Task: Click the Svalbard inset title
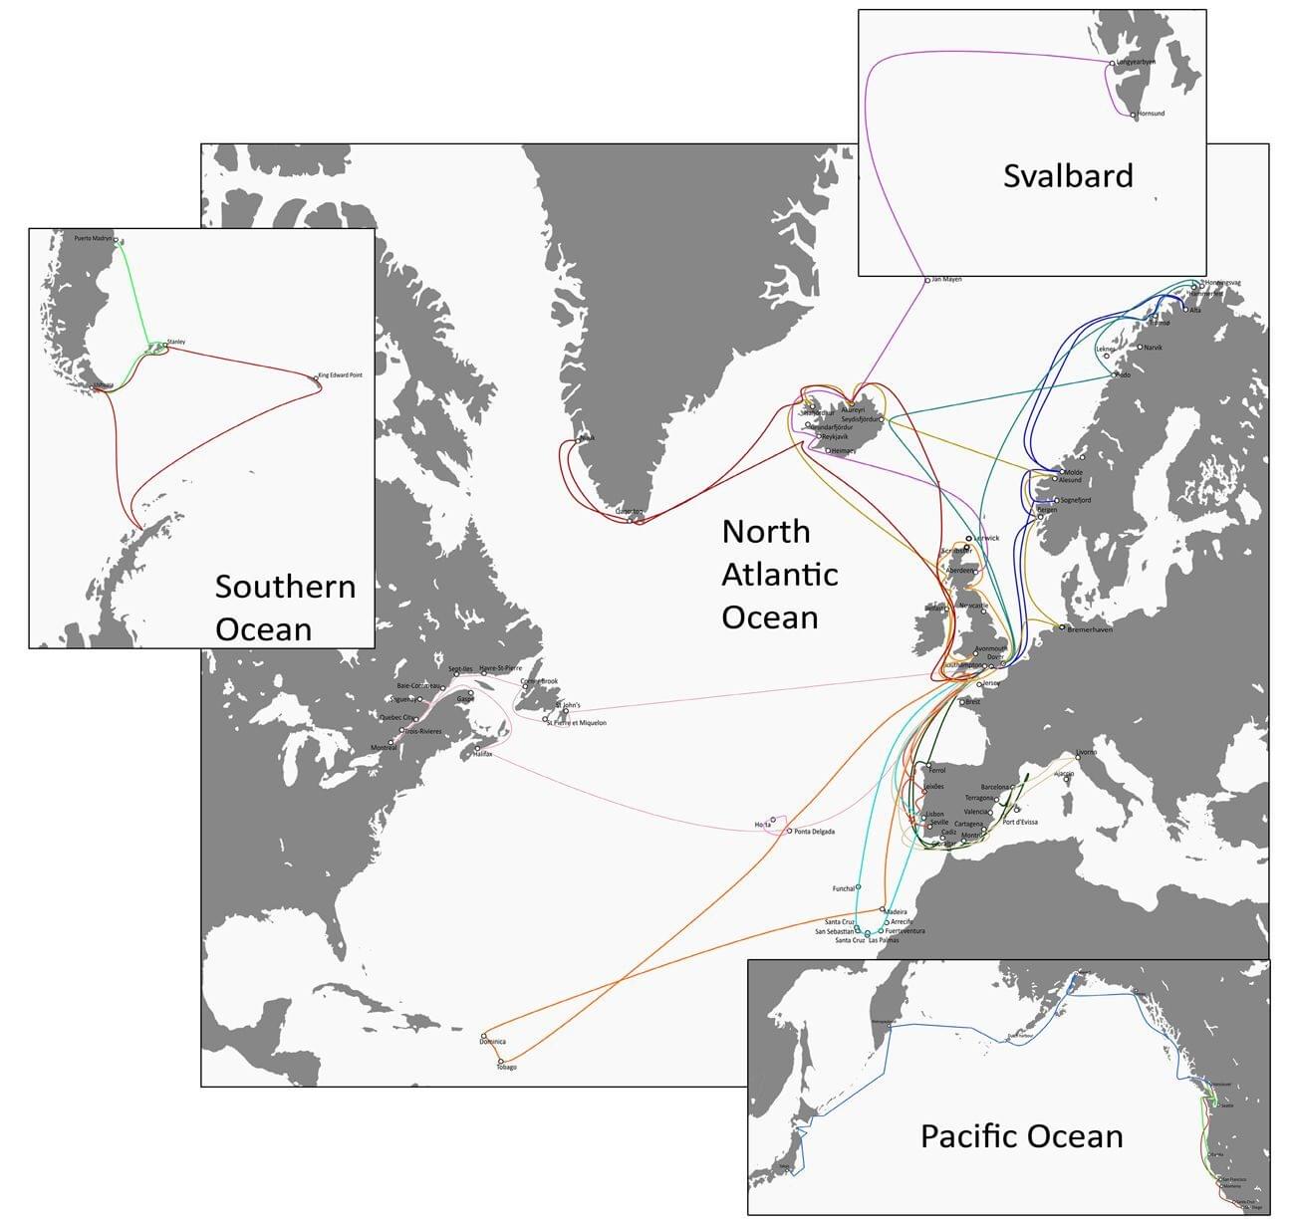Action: click(x=1068, y=176)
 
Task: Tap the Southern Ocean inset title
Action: click(x=285, y=608)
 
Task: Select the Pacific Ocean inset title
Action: click(x=1021, y=1136)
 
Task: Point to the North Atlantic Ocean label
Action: click(x=780, y=574)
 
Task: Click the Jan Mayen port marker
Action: click(x=927, y=281)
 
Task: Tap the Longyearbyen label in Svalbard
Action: click(x=1137, y=62)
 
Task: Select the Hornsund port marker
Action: click(x=1134, y=116)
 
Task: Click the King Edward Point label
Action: click(x=341, y=375)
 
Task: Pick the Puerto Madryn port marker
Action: click(x=116, y=240)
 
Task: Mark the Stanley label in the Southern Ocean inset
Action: click(x=176, y=342)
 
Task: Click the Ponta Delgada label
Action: click(x=815, y=832)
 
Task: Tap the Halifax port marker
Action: click(x=477, y=748)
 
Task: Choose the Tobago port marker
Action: click(x=500, y=1062)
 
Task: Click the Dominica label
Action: click(x=492, y=1042)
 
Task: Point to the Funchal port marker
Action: click(x=859, y=886)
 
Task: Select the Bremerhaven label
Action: click(x=1090, y=629)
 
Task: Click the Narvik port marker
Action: click(x=1141, y=348)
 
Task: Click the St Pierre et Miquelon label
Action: click(x=577, y=723)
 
